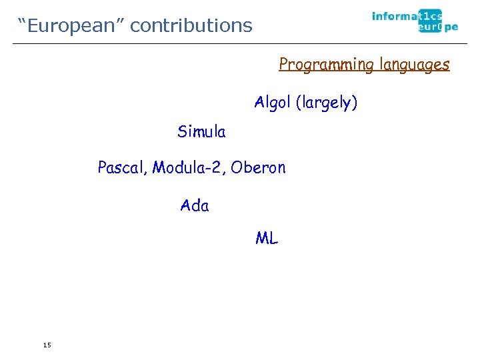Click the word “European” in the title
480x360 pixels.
tap(70, 25)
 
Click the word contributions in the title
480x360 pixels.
tap(191, 25)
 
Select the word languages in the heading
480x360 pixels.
tap(414, 65)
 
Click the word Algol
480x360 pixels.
tap(273, 103)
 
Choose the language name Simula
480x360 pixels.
tap(201, 132)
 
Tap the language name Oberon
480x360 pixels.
tap(258, 168)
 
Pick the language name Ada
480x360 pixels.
tap(195, 206)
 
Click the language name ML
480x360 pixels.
tap(267, 238)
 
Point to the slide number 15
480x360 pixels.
tap(46, 345)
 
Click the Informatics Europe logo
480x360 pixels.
tap(415, 21)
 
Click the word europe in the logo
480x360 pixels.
tap(437, 27)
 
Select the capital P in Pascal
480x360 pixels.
tap(102, 167)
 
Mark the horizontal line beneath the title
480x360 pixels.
tap(240, 44)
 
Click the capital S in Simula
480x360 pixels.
tap(182, 132)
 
